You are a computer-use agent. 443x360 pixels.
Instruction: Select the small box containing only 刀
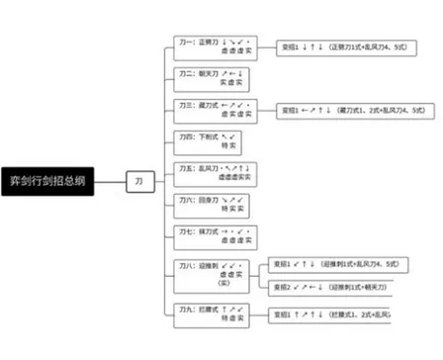tap(138, 182)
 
